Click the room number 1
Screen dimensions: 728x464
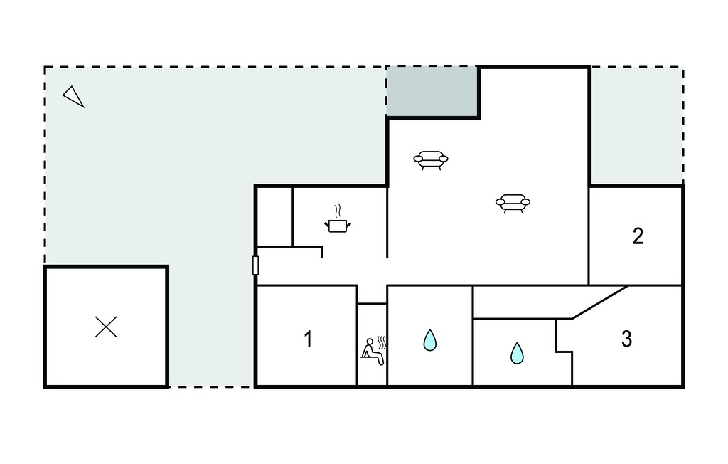tap(308, 339)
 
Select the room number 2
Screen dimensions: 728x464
tap(638, 236)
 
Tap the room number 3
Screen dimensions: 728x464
tap(626, 339)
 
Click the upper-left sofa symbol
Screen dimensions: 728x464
tap(431, 160)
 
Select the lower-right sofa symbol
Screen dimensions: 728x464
tap(513, 203)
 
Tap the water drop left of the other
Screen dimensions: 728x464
tap(430, 340)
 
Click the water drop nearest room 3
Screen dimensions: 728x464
tap(517, 353)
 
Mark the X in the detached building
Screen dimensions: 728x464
tap(106, 327)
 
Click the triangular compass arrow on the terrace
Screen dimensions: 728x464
tap(73, 97)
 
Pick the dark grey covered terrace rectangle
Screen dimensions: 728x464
tap(432, 92)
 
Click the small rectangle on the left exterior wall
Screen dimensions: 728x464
tap(255, 265)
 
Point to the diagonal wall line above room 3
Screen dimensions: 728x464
tap(600, 302)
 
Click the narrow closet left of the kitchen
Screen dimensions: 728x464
tap(275, 216)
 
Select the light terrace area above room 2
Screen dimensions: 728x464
tap(636, 125)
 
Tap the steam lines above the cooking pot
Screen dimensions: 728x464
tap(338, 211)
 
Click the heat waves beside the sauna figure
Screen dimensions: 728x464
tap(382, 343)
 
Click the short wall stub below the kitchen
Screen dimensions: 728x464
tap(322, 252)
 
